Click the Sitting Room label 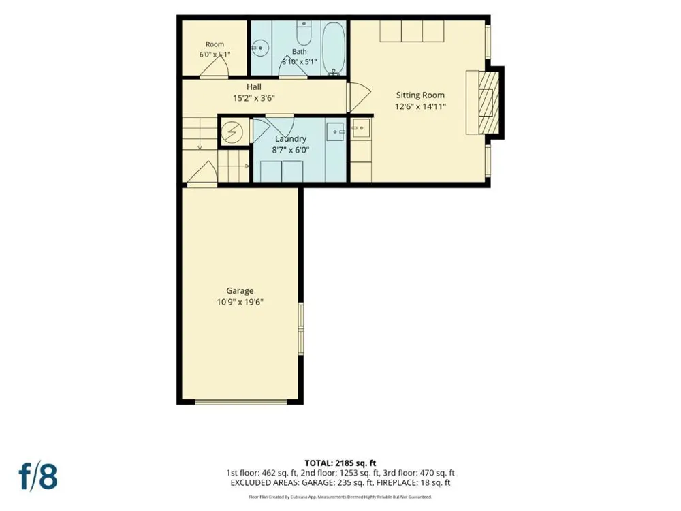[420, 95]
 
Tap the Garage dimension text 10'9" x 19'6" [240, 302]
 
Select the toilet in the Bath [304, 33]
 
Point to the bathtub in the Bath [334, 48]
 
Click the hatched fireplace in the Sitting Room [488, 103]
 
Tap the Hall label [254, 87]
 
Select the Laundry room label [291, 138]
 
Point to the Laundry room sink [335, 131]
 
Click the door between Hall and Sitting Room [359, 97]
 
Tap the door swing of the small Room [214, 67]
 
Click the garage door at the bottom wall [240, 402]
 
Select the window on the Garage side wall [300, 329]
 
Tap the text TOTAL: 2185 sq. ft [340, 463]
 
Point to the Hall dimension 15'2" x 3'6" [254, 98]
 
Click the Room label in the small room [215, 44]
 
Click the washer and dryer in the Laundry [281, 171]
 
